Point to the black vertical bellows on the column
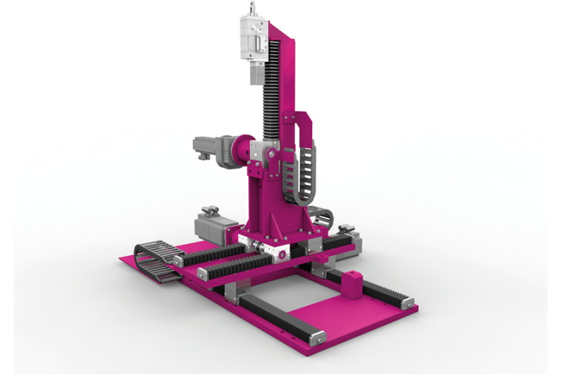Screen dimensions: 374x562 click(271, 89)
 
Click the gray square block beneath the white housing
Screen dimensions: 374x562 click(256, 74)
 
